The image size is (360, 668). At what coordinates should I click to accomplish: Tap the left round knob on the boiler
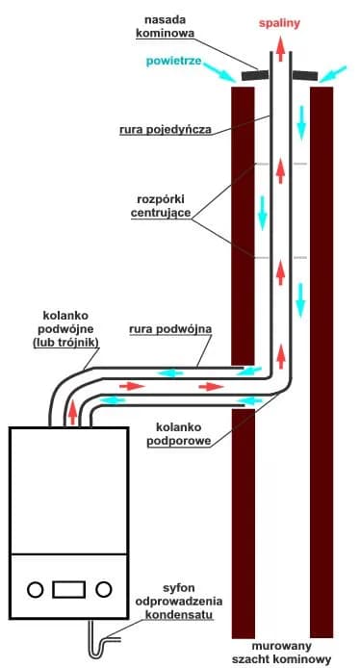click(36, 588)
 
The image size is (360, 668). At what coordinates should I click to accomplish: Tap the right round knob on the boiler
click(105, 588)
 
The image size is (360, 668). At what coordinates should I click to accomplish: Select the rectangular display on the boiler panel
click(70, 588)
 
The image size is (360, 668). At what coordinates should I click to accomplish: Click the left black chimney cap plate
click(256, 75)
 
